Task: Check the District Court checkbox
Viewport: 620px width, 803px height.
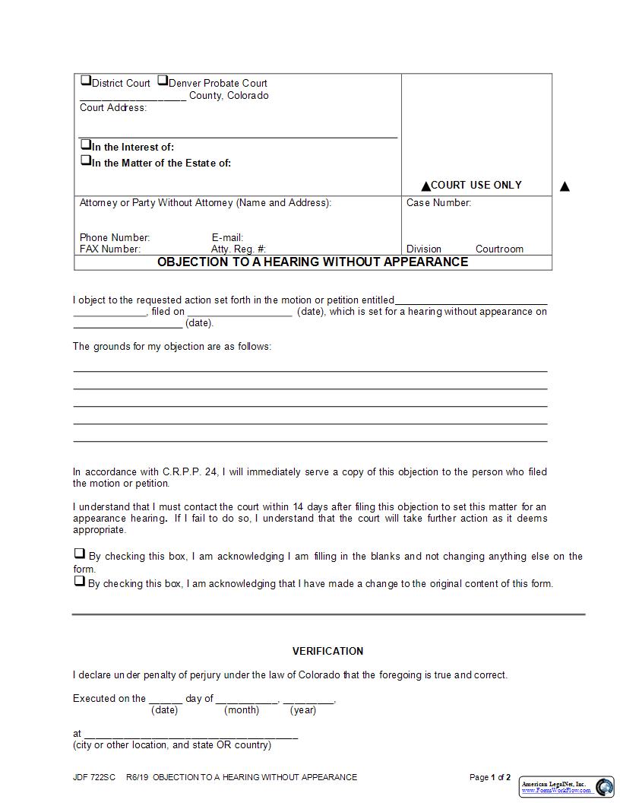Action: (85, 81)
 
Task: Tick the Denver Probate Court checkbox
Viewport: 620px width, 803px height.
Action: (162, 81)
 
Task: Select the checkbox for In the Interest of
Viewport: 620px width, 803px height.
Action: (85, 144)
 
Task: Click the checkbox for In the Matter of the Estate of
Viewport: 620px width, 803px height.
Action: (85, 160)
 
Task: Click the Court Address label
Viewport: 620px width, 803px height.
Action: (113, 108)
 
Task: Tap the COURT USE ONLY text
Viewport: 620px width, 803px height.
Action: (476, 185)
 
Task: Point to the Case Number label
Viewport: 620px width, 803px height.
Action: (438, 203)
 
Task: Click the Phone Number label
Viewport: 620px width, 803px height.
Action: (115, 238)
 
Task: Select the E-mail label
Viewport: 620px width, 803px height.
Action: (227, 238)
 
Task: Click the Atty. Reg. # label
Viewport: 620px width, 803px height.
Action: (238, 249)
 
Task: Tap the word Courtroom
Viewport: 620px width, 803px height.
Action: (499, 249)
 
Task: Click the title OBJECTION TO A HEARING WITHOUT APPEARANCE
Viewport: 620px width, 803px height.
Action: (312, 262)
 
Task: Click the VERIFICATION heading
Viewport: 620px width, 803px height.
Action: (327, 651)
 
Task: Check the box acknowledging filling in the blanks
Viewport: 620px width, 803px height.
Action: (79, 554)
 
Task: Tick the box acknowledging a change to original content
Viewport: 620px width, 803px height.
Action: (79, 581)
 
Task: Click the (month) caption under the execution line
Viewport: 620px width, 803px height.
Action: (242, 710)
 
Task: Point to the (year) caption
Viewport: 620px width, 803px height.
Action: (303, 710)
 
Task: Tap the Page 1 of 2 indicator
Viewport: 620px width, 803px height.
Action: (490, 777)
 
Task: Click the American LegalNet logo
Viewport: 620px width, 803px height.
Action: (567, 787)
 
